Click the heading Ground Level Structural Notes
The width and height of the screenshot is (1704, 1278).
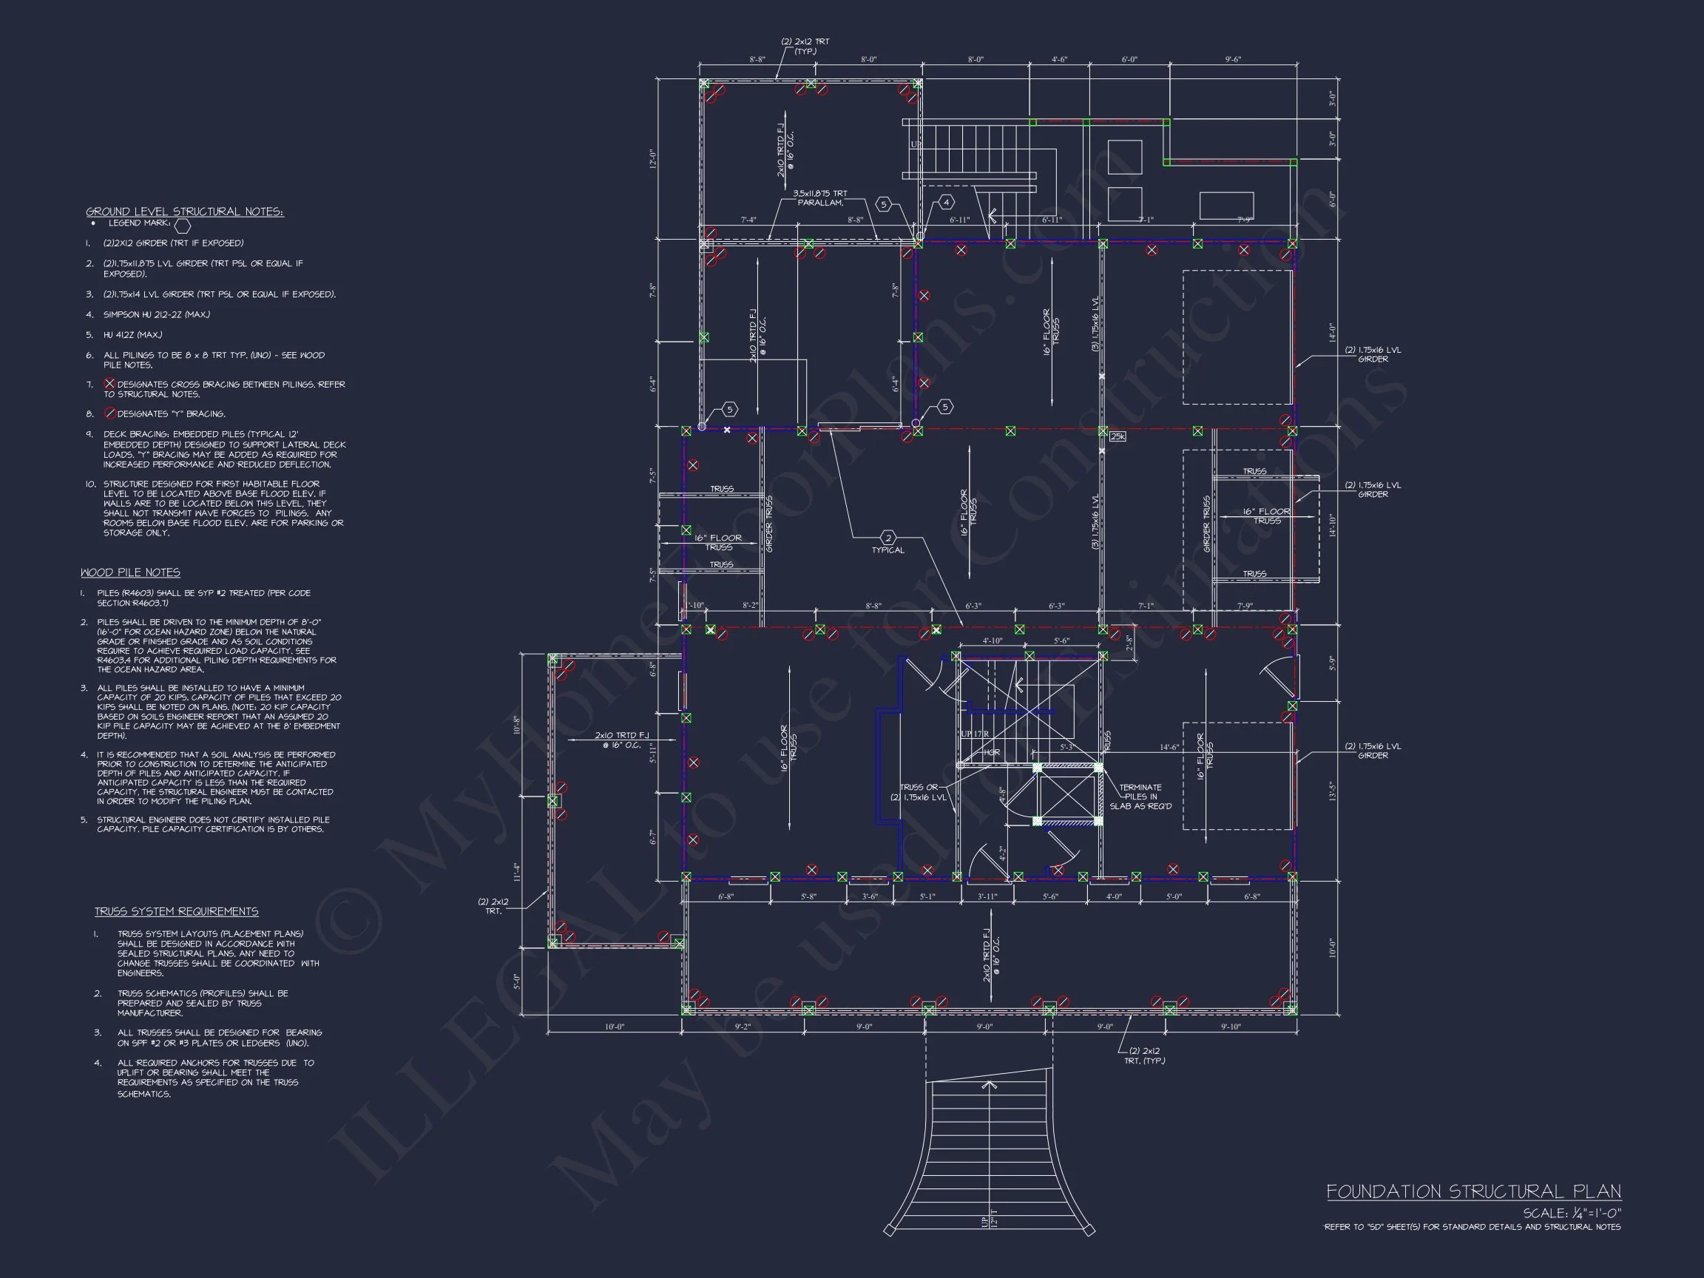pos(184,212)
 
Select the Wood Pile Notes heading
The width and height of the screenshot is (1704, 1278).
pos(130,572)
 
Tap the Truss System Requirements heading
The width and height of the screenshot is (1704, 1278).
pos(177,911)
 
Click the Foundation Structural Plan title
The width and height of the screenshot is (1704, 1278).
pos(1473,1191)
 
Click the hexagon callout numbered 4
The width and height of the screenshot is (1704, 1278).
pos(946,203)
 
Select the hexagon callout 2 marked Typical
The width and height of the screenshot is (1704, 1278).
pos(888,538)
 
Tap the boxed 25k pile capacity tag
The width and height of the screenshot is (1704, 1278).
pos(1118,437)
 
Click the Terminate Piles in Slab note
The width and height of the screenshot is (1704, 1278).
pos(1140,797)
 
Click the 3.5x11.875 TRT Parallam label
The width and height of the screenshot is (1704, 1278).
pos(819,198)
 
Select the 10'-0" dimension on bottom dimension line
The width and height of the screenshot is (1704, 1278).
pos(614,1027)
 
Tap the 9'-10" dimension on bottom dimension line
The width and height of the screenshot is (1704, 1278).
pos(1231,1027)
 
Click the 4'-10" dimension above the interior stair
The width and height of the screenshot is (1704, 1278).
pos(993,641)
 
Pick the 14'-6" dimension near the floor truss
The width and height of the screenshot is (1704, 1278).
pos(1169,747)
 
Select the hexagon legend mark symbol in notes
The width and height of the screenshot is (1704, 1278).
pos(183,226)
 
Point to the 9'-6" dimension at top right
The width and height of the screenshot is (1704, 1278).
pos(1233,59)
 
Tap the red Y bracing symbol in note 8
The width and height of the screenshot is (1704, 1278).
pos(109,413)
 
